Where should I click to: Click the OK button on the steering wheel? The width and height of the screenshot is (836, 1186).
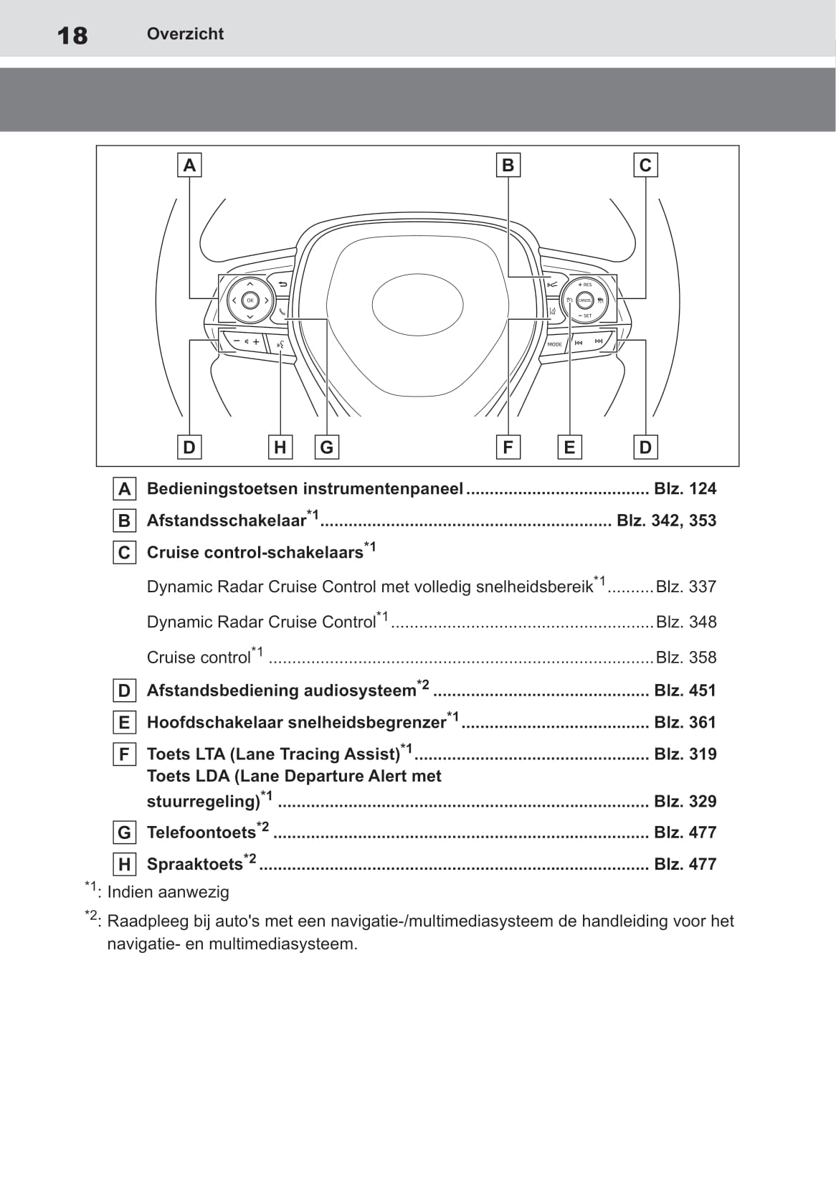pyautogui.click(x=250, y=300)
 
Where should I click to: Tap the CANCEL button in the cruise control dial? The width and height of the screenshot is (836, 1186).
pyautogui.click(x=584, y=300)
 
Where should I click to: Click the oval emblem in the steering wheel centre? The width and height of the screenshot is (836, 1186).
pyautogui.click(x=417, y=304)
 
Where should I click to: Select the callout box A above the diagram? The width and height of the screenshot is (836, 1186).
pyautogui.click(x=189, y=165)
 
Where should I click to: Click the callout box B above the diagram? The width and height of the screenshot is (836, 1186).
pyautogui.click(x=508, y=165)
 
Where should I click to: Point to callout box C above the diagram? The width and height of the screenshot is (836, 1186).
pyautogui.click(x=645, y=165)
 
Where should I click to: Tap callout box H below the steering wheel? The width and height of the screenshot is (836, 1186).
pyautogui.click(x=280, y=447)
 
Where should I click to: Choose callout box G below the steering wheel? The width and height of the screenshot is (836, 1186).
pyautogui.click(x=327, y=447)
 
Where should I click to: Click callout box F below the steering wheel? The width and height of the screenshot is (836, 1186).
pyautogui.click(x=508, y=447)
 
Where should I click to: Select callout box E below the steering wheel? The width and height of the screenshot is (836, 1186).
pyautogui.click(x=569, y=447)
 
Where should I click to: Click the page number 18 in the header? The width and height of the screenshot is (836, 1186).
pyautogui.click(x=72, y=35)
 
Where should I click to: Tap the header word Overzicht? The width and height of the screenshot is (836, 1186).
pyautogui.click(x=185, y=34)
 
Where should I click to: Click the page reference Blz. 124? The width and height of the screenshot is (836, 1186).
pyautogui.click(x=685, y=489)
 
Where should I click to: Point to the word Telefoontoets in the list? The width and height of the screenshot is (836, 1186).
pyautogui.click(x=201, y=832)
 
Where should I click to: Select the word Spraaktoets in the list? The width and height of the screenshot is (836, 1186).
pyautogui.click(x=194, y=864)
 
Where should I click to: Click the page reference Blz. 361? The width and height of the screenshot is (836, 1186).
pyautogui.click(x=685, y=722)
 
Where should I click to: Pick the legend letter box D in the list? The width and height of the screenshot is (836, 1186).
pyautogui.click(x=124, y=691)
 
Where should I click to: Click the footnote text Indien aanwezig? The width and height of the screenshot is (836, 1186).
pyautogui.click(x=168, y=892)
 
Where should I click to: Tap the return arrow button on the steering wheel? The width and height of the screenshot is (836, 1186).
pyautogui.click(x=282, y=285)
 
